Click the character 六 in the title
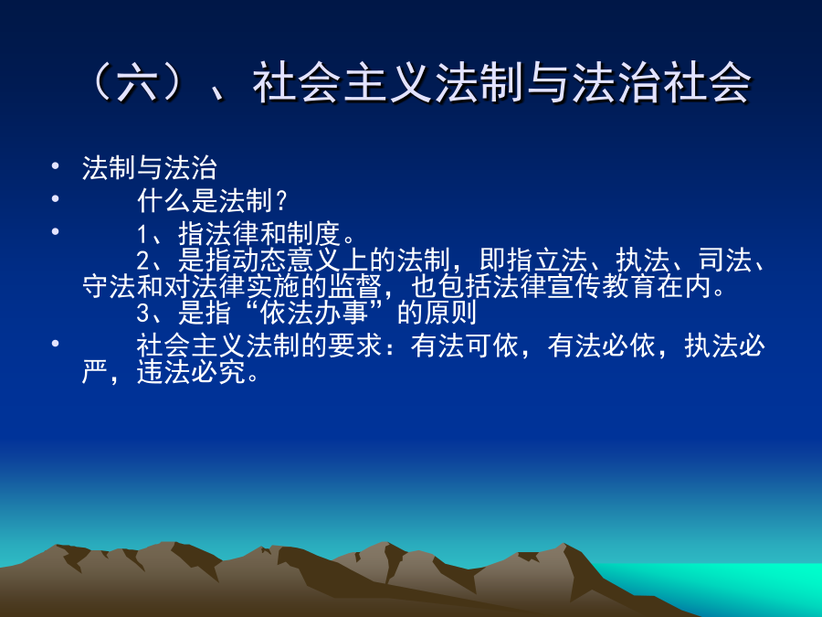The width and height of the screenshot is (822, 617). [x=137, y=82]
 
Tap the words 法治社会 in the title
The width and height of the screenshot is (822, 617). [x=661, y=82]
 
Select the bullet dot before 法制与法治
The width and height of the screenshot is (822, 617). [x=56, y=166]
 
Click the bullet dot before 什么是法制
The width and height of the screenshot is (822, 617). [x=56, y=198]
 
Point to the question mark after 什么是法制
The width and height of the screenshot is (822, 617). [x=281, y=200]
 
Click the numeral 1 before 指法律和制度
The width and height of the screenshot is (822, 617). [x=142, y=235]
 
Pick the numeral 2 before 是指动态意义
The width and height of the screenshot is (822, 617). [x=143, y=261]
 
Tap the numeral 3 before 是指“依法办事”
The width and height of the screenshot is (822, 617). [x=143, y=314]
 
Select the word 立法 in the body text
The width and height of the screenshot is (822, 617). [x=561, y=260]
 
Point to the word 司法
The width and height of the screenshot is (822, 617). [x=724, y=260]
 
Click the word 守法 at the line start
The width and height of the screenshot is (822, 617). [x=110, y=286]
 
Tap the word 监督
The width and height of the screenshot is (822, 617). [x=355, y=286]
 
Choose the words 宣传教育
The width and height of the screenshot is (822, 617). [x=601, y=286]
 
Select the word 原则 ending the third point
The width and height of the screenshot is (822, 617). [x=450, y=313]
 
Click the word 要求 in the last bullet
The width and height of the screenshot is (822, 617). [x=355, y=346]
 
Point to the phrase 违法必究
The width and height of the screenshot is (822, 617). [x=192, y=373]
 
